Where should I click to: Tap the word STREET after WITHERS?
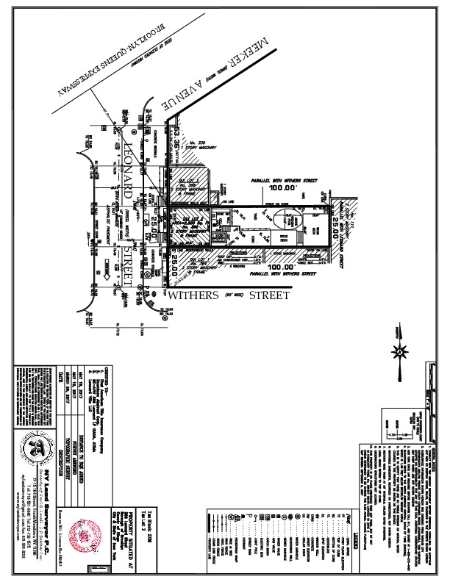[267, 295]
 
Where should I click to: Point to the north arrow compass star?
[400, 351]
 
